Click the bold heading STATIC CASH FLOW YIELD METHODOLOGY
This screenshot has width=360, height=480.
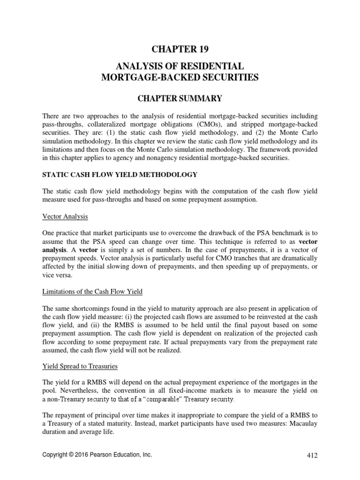[120, 175]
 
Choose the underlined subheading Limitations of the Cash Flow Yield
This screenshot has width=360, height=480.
[92, 292]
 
